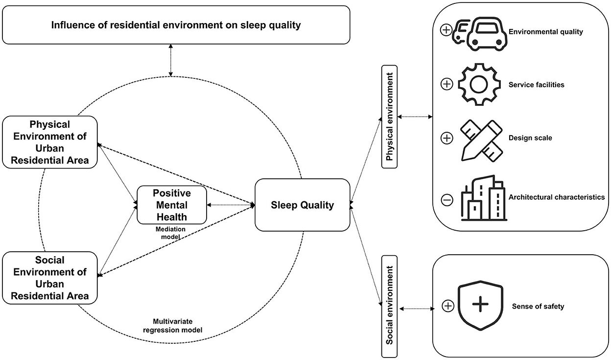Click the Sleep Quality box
click(x=302, y=205)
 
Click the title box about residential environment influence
click(x=176, y=24)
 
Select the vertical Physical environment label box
click(x=390, y=118)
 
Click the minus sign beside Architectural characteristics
click(x=446, y=199)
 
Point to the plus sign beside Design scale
click(x=446, y=139)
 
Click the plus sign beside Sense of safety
click(x=447, y=306)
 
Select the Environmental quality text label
click(x=546, y=32)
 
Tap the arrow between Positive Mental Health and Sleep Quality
click(x=230, y=204)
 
